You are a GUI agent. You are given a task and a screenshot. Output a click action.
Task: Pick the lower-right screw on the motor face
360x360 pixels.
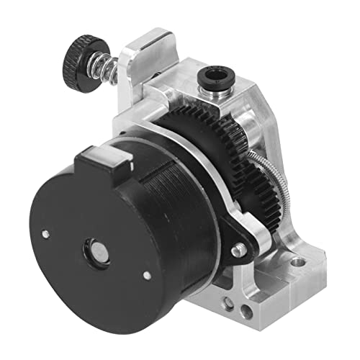pos(147,274)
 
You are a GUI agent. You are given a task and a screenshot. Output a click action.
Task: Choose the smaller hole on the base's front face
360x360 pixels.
pos(248,311)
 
